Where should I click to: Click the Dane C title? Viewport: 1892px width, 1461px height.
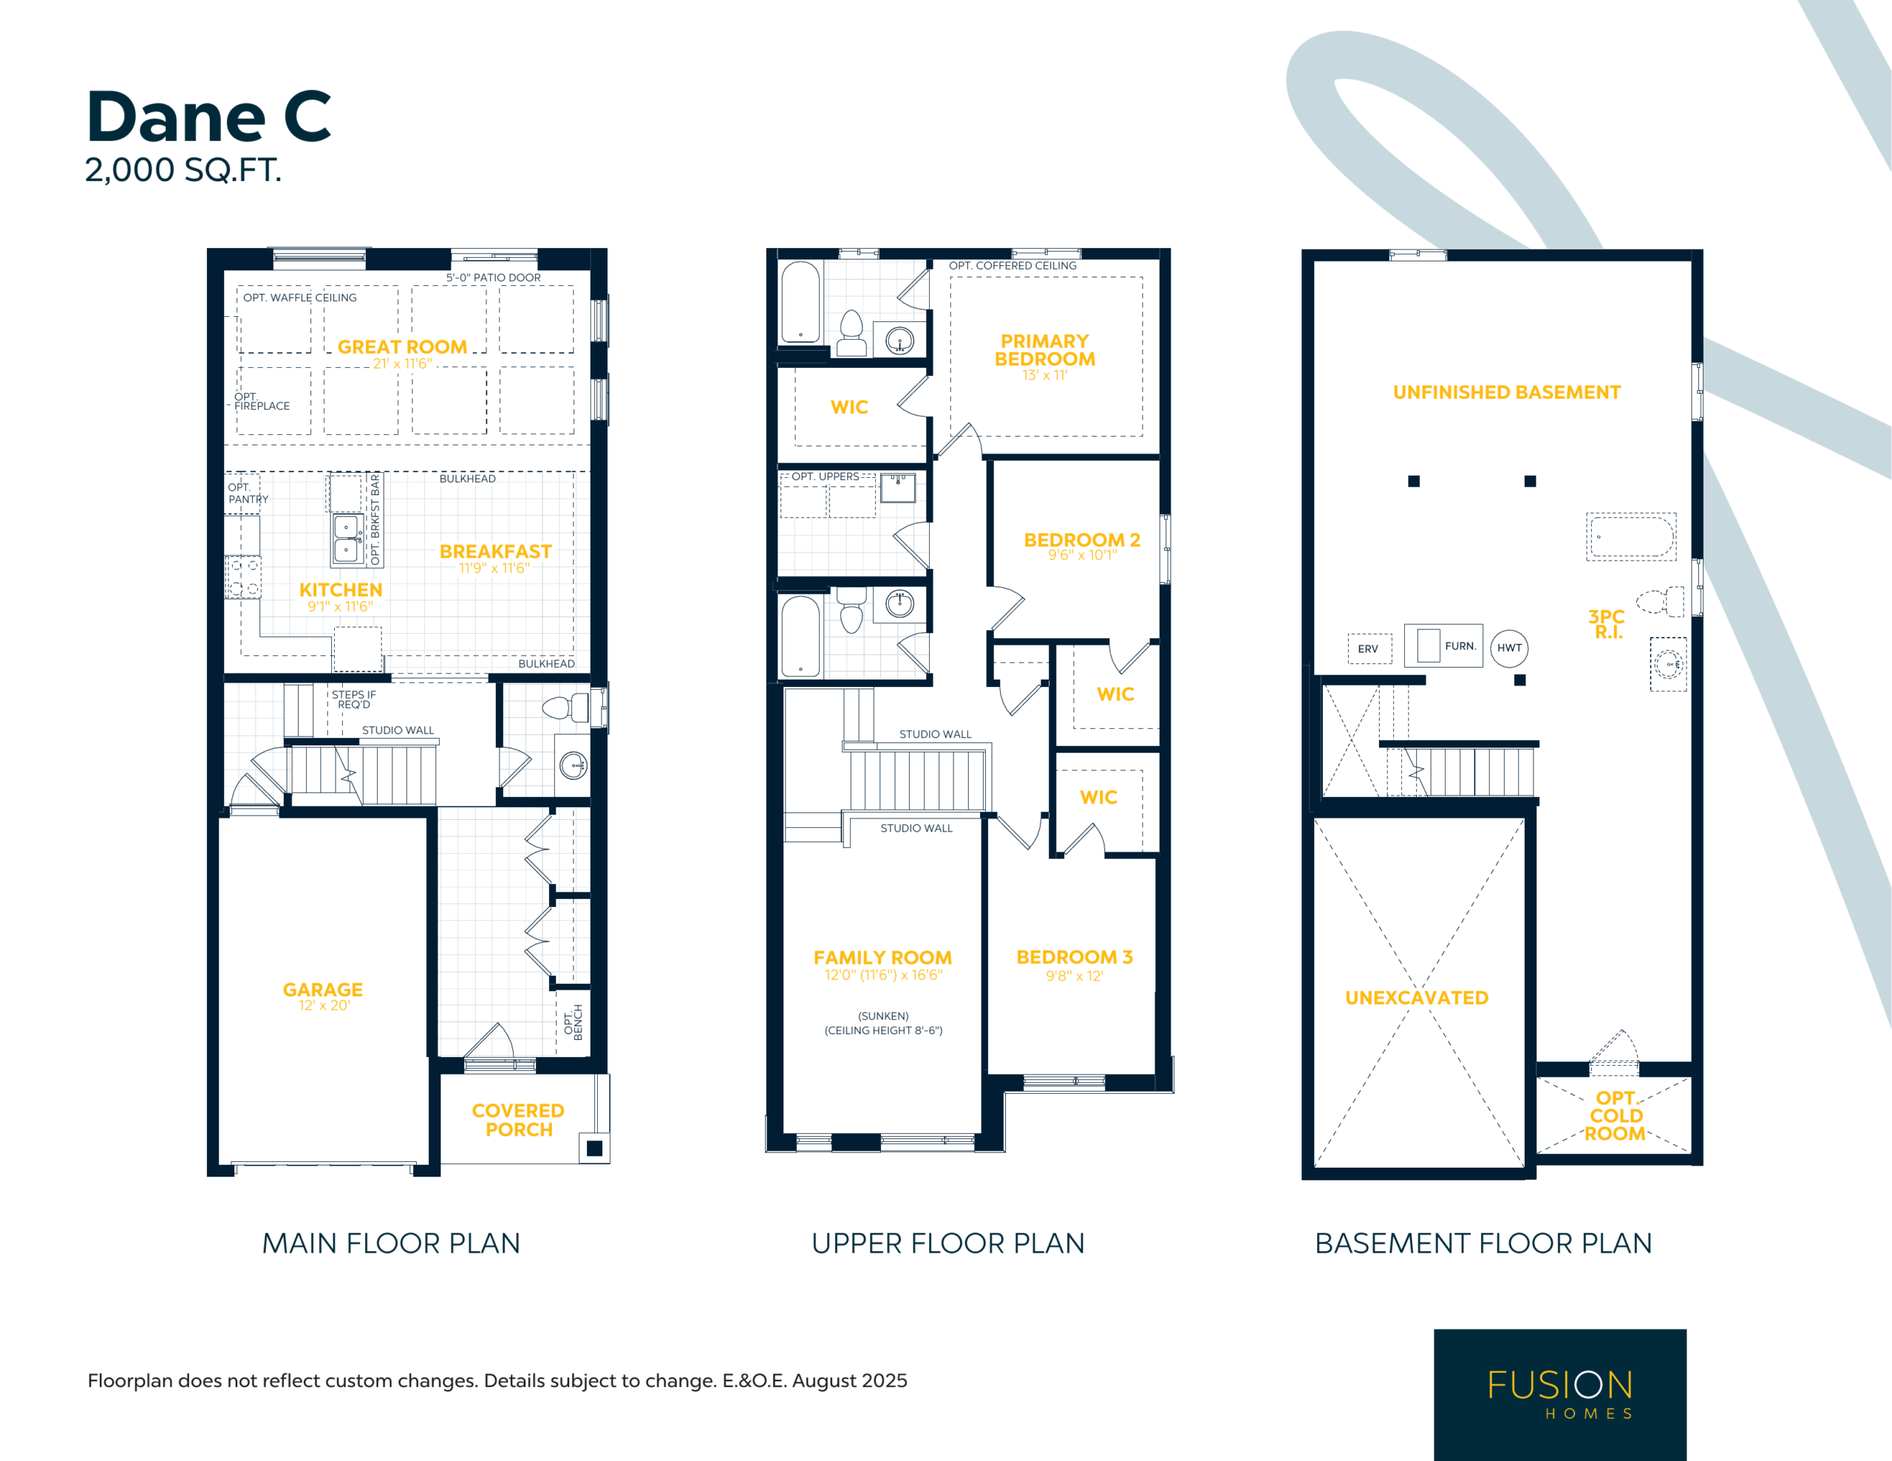click(x=208, y=117)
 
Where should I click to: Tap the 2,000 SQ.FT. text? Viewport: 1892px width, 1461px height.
click(x=183, y=170)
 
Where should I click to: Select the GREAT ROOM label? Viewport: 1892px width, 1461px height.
click(x=402, y=346)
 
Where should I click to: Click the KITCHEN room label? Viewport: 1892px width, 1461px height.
click(x=341, y=589)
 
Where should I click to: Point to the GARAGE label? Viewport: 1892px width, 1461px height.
click(x=322, y=989)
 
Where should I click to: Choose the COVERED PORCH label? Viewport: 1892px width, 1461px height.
click(x=518, y=1120)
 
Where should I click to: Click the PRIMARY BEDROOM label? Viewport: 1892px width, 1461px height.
click(x=1045, y=350)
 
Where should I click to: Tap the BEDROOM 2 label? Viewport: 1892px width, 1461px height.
click(x=1082, y=539)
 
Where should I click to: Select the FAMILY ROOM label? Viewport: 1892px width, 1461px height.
click(x=882, y=957)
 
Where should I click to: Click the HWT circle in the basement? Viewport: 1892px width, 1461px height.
click(x=1509, y=648)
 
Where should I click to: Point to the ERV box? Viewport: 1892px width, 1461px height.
click(x=1369, y=649)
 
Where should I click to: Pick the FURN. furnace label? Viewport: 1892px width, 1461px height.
click(x=1460, y=646)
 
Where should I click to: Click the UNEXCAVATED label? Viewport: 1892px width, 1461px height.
click(x=1416, y=998)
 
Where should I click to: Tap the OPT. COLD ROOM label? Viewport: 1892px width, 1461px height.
click(x=1616, y=1115)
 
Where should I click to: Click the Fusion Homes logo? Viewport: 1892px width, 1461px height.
click(x=1560, y=1395)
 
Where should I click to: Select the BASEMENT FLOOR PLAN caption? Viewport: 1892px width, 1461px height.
click(x=1483, y=1243)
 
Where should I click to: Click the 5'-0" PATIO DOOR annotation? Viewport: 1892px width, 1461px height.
click(x=493, y=278)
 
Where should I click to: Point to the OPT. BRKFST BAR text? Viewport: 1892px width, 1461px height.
click(x=375, y=519)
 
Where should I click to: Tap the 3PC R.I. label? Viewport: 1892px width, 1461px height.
click(x=1607, y=623)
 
